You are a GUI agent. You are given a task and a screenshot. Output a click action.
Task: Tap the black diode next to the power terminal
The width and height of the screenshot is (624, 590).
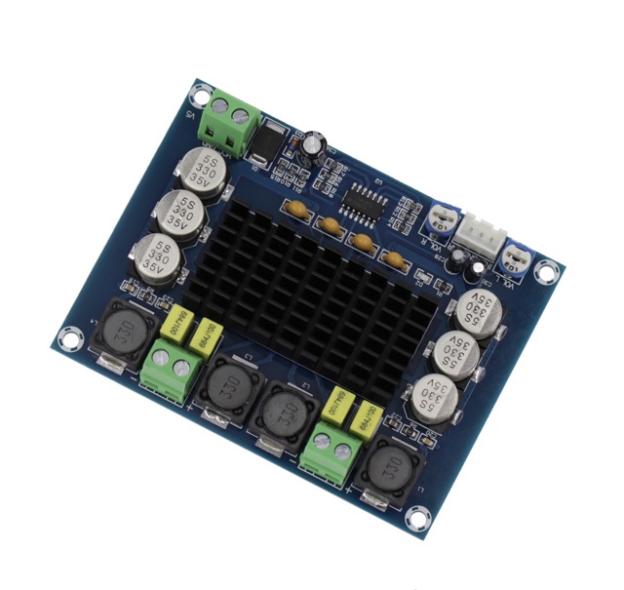264,147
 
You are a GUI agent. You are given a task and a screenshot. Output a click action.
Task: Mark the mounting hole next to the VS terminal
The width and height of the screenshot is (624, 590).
200,94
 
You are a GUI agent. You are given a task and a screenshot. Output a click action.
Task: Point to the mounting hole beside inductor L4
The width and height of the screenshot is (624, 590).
67,337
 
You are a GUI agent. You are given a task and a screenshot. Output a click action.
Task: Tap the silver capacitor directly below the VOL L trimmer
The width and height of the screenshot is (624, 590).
478,312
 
